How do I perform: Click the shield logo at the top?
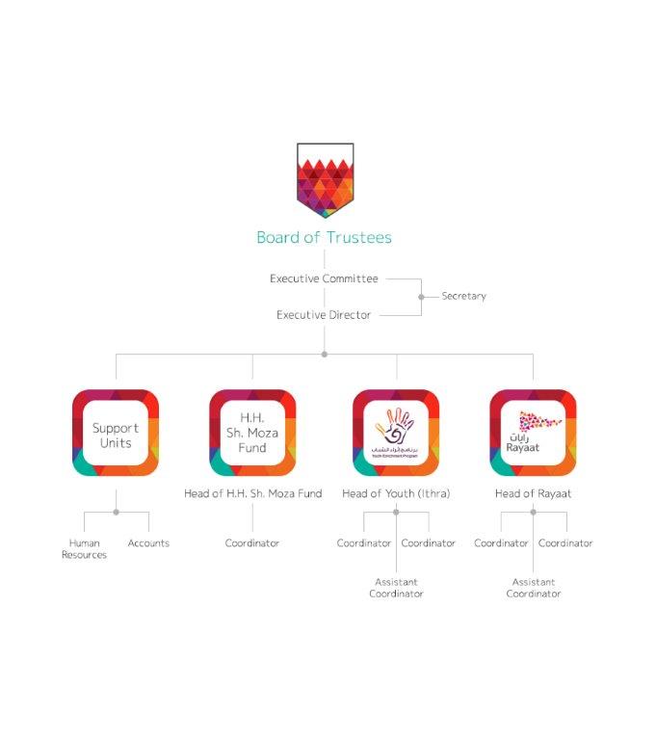pyautogui.click(x=325, y=179)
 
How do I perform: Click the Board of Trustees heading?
pyautogui.click(x=324, y=237)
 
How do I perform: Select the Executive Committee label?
pyautogui.click(x=324, y=278)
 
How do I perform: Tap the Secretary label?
pyautogui.click(x=463, y=296)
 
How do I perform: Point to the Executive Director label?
pyautogui.click(x=324, y=315)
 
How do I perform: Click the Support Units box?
pyautogui.click(x=116, y=434)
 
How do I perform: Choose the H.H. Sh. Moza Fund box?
pyautogui.click(x=252, y=434)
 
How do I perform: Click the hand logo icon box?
pyautogui.click(x=396, y=434)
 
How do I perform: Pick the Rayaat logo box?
pyautogui.click(x=533, y=434)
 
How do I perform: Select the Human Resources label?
pyautogui.click(x=85, y=549)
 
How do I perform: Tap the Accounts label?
pyautogui.click(x=148, y=543)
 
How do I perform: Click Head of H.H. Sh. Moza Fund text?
pyautogui.click(x=252, y=494)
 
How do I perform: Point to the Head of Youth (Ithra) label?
pyautogui.click(x=396, y=494)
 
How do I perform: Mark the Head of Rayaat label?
pyautogui.click(x=533, y=494)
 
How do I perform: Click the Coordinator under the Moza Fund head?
pyautogui.click(x=252, y=543)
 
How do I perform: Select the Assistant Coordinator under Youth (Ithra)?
pyautogui.click(x=396, y=588)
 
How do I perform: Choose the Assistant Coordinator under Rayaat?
pyautogui.click(x=533, y=588)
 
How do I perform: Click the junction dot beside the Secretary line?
pyautogui.click(x=421, y=297)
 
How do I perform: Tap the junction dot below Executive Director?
pyautogui.click(x=325, y=354)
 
